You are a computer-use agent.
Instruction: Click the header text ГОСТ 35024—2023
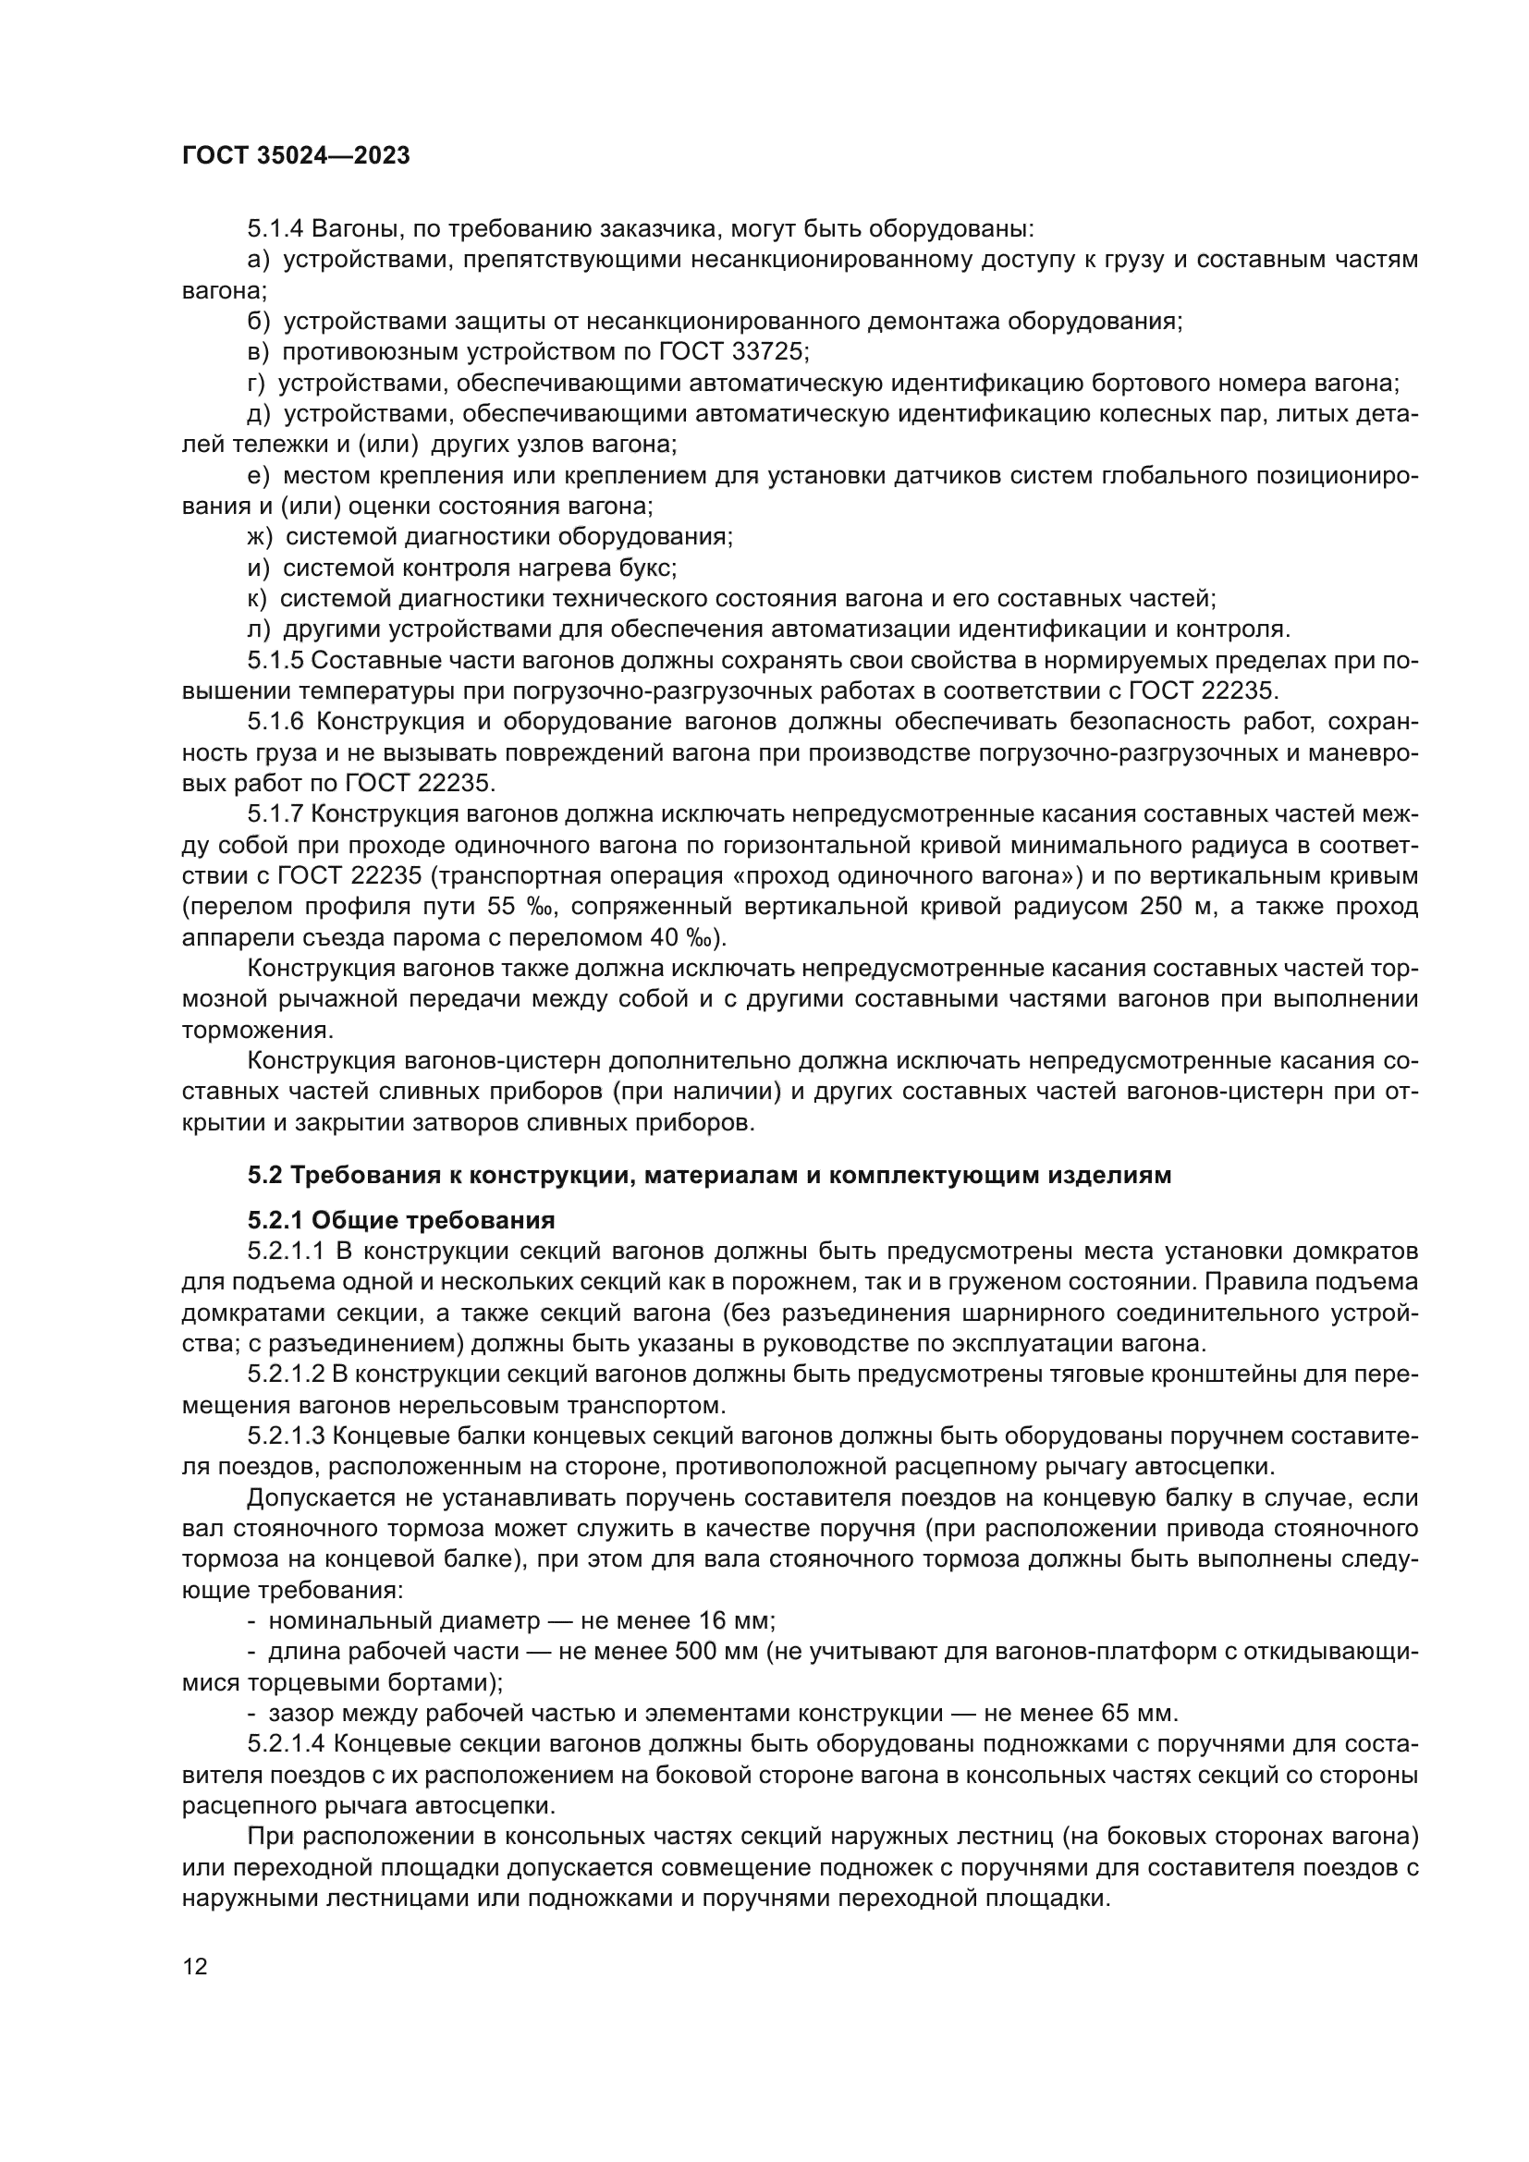[296, 156]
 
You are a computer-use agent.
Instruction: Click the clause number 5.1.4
[275, 229]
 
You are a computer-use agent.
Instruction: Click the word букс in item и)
[645, 568]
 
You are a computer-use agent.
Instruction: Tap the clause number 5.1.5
[275, 660]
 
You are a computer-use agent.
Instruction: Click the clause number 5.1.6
[275, 722]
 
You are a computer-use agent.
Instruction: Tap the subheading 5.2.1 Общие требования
[401, 1221]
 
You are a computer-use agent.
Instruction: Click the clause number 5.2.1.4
[287, 1744]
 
